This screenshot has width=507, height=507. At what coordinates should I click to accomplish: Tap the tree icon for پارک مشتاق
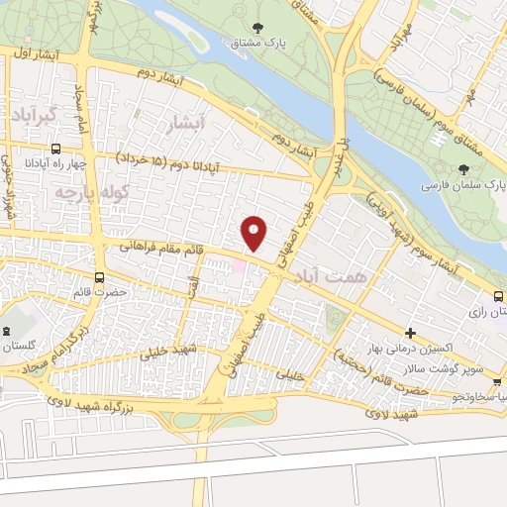258,28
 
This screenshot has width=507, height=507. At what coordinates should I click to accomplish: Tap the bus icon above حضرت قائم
98,277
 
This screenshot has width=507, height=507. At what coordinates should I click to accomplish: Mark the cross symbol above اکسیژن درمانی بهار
411,334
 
